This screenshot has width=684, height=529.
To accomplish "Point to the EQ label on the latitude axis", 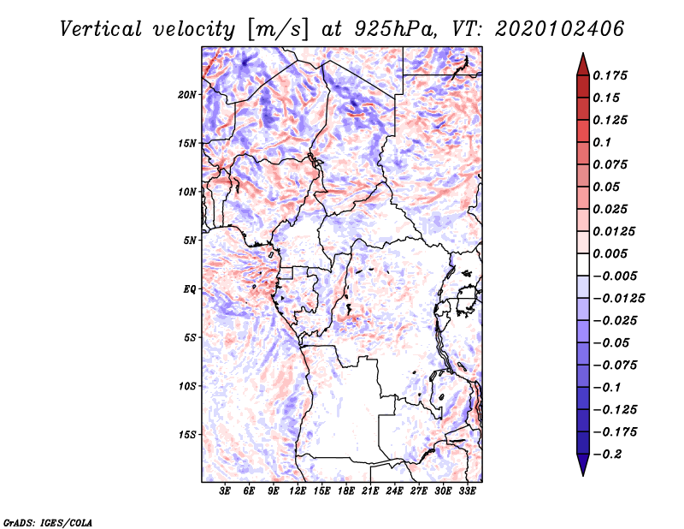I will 190,289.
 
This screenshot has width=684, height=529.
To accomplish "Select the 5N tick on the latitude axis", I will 191,241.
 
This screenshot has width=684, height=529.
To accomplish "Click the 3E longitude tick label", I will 225,491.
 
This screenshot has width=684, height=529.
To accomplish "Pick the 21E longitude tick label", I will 370,491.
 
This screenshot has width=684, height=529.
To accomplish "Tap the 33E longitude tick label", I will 467,491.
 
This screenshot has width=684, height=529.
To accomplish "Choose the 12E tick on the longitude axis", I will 298,491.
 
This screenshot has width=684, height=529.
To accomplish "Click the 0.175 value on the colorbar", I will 610,75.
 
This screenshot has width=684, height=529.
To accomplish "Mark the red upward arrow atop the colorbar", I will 582,64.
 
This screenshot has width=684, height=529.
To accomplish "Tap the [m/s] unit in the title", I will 274,29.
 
